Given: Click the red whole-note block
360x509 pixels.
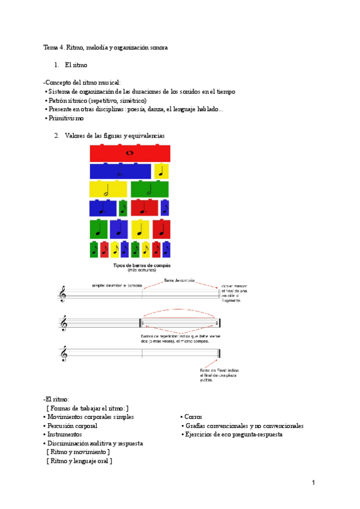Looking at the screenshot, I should coord(130,154).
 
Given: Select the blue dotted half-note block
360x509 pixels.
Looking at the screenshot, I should coord(120,172).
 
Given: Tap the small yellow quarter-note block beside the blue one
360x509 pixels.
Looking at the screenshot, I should coord(161,172).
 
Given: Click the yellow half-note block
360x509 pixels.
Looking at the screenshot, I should coord(108,190).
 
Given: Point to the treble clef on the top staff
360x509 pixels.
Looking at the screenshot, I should coord(62,295).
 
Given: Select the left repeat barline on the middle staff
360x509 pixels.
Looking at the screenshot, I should coord(140,324).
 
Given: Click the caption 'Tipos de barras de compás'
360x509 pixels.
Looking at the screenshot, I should coord(142,265).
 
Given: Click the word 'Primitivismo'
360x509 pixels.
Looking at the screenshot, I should coord(65,119).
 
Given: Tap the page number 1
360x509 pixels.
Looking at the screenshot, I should coord(313,483).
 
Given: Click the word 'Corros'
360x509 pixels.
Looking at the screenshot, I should coord(194,417).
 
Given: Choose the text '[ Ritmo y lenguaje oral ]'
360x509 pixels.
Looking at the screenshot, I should coord(79,461).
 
